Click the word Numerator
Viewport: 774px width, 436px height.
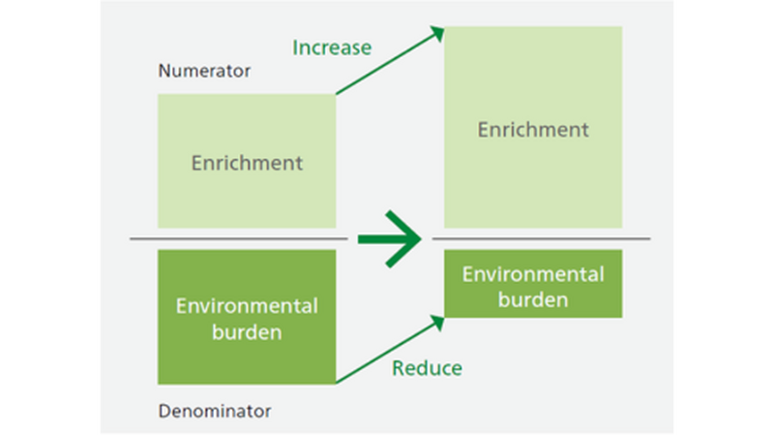(204, 71)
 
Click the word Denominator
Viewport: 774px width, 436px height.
(215, 411)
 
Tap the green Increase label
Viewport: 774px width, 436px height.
(332, 47)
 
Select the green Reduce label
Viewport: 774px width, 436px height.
(427, 368)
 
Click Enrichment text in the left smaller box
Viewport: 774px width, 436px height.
(247, 162)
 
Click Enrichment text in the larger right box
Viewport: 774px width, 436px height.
(533, 129)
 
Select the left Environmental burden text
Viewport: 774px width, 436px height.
(247, 319)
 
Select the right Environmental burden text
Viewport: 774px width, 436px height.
(533, 287)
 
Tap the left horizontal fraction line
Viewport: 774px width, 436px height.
(238, 237)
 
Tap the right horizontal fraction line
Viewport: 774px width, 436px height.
(542, 237)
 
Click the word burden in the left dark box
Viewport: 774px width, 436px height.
(247, 332)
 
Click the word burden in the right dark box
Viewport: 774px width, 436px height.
(533, 299)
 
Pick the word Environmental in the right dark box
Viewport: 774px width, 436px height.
(533, 274)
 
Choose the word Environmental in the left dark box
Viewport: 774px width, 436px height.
(247, 306)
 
